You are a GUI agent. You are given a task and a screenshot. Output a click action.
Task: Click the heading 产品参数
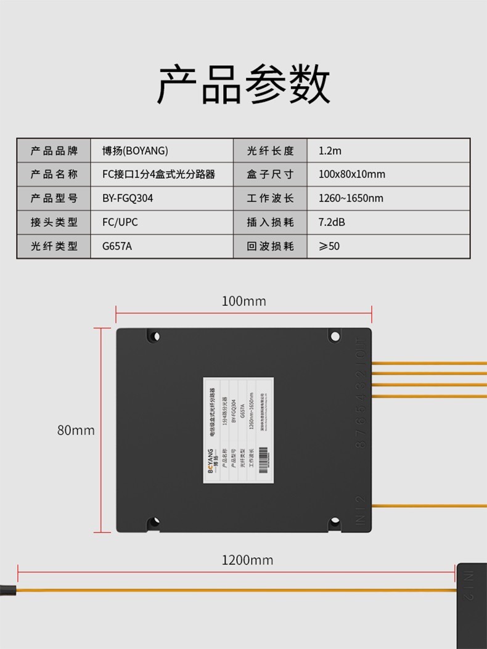243,84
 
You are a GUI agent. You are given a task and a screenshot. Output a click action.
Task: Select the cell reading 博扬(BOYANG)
135,151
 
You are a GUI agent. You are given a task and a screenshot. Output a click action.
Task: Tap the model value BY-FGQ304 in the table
128,198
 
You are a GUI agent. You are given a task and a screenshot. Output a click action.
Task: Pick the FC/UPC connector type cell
120,222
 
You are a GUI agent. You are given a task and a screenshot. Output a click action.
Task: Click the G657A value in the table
117,246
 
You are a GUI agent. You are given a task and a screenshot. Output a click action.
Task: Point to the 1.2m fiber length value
330,151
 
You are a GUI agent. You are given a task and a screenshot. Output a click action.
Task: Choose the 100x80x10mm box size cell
351,174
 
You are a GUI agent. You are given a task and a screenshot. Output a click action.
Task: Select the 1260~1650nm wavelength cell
351,198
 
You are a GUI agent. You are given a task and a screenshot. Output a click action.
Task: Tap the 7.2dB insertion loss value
332,222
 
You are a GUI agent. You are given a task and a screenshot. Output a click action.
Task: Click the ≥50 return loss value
329,246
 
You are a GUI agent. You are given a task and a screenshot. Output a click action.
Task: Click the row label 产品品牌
54,151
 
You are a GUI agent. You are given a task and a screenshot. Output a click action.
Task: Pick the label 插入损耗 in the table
270,222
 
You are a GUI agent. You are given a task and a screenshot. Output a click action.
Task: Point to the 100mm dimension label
243,301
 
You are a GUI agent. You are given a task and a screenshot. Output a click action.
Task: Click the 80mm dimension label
76,430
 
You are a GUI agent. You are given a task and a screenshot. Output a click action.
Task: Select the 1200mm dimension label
247,560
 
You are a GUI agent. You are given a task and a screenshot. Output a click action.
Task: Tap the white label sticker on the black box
239,429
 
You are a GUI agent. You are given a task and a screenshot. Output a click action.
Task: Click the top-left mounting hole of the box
153,337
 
